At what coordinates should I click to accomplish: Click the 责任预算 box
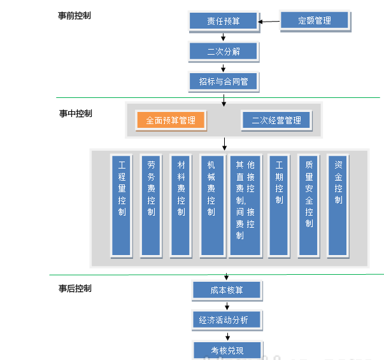224,21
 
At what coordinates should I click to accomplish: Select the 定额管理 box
315,20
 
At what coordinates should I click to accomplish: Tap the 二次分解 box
224,52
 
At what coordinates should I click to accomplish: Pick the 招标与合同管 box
224,81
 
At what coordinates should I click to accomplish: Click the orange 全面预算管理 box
171,120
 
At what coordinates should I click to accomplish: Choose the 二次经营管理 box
276,120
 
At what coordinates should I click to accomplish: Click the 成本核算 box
227,290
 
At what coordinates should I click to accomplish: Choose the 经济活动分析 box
227,319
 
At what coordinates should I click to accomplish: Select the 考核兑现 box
227,350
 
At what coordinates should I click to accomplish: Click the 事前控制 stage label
75,15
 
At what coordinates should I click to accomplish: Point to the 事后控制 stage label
75,288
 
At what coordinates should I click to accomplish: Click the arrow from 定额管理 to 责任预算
269,22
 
